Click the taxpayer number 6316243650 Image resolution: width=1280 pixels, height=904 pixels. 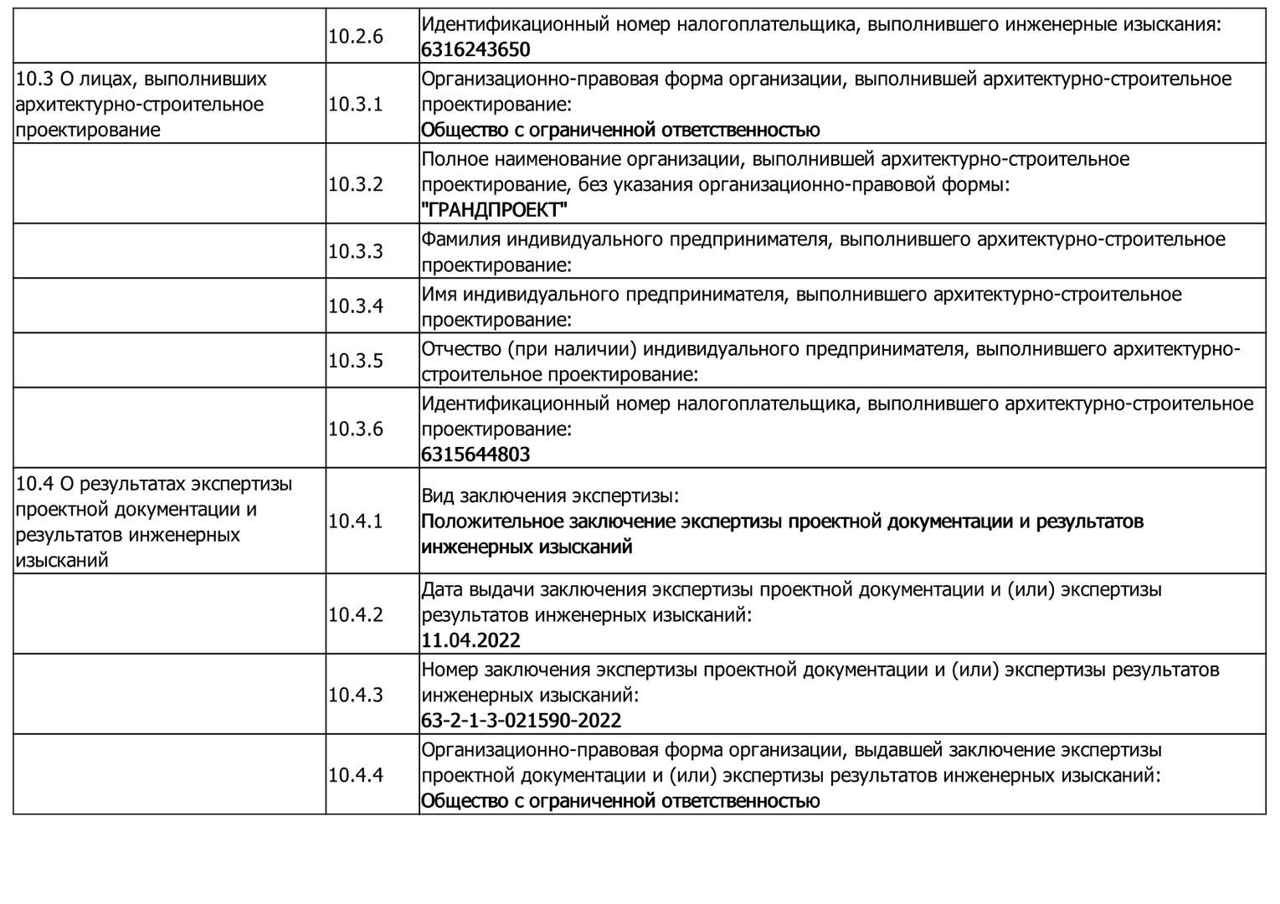476,49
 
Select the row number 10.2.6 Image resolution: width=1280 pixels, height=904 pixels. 356,37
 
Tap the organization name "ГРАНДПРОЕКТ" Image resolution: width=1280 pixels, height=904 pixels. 494,209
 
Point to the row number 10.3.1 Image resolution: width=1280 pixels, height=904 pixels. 356,105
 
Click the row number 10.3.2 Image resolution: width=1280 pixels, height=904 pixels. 356,184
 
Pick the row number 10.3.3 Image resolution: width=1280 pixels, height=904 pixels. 356,251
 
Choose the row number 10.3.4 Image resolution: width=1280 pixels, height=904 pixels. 356,306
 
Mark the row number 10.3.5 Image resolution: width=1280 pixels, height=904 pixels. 356,361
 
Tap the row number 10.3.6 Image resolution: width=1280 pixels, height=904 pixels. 356,429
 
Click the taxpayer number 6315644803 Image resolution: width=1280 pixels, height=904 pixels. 476,455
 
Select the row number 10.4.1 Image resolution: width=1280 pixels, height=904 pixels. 356,521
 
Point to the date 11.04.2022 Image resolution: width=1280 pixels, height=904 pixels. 470,640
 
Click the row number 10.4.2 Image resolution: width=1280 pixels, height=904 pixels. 356,615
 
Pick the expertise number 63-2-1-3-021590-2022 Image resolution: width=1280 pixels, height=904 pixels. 521,721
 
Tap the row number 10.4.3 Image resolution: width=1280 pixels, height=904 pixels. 356,695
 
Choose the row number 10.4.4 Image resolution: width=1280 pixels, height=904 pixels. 356,775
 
